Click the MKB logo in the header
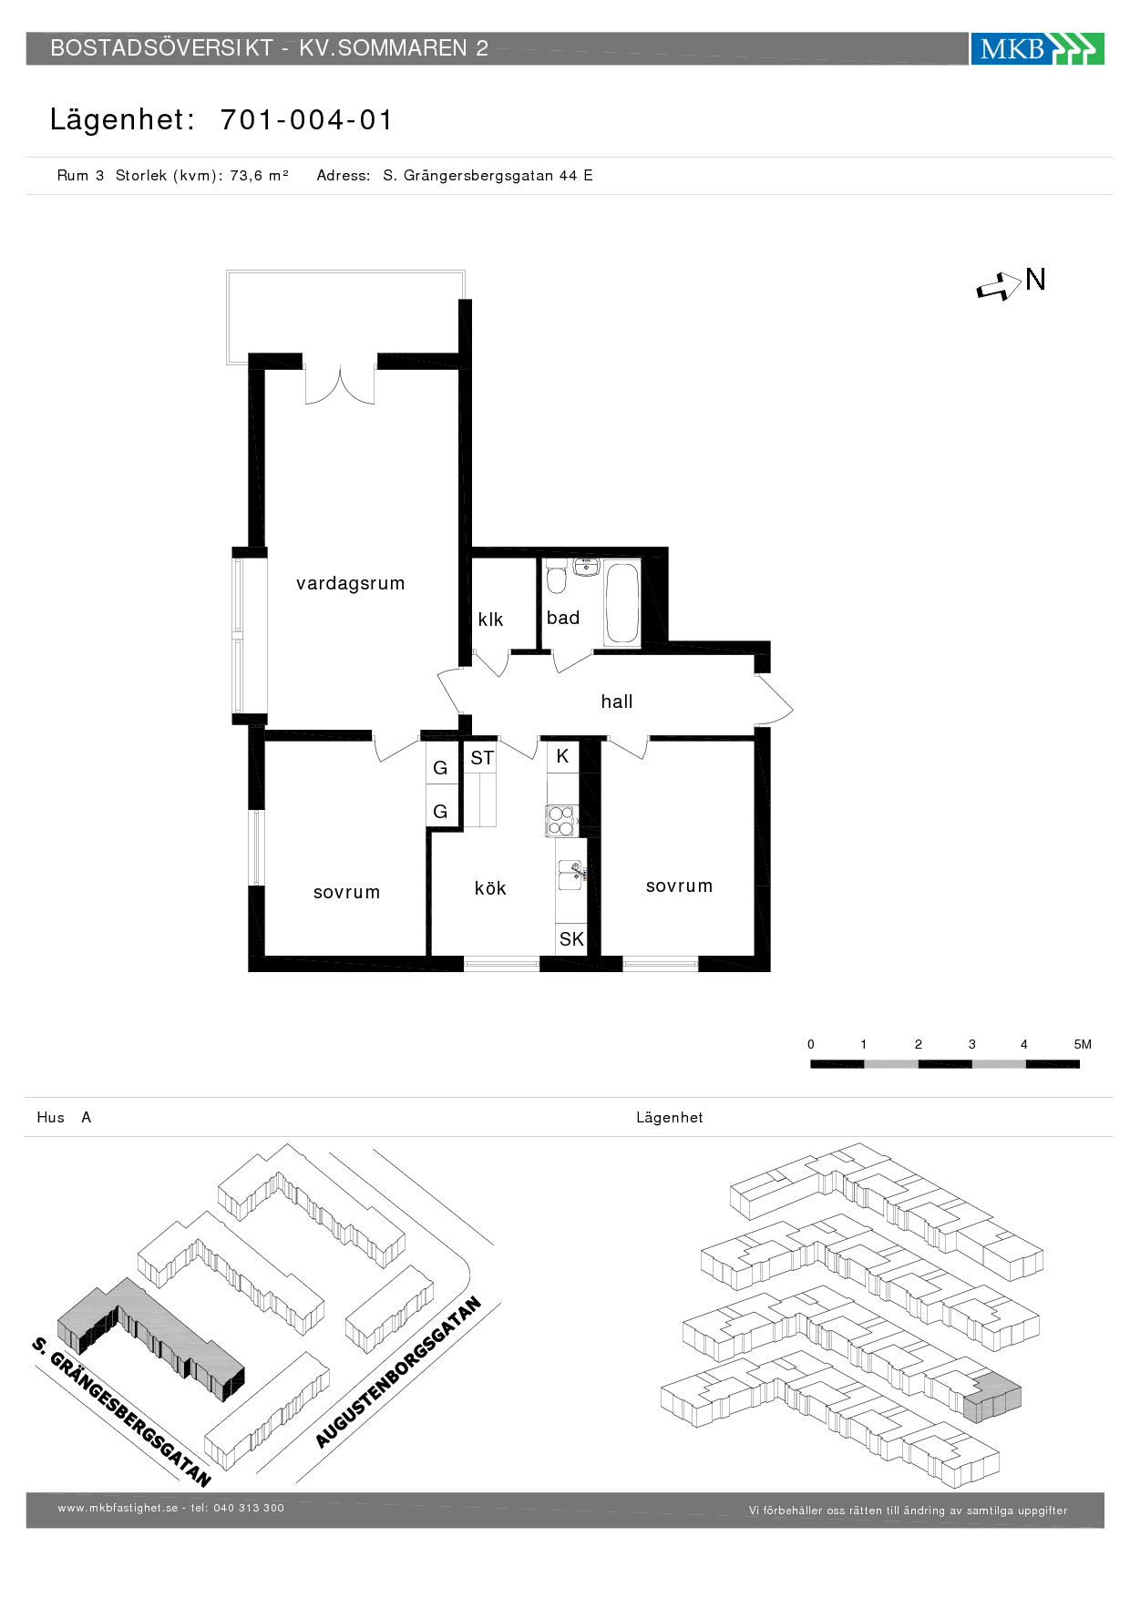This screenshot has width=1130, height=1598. (1037, 48)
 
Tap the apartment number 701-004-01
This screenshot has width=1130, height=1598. (306, 119)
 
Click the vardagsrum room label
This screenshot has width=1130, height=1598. (350, 583)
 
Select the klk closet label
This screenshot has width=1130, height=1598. (490, 620)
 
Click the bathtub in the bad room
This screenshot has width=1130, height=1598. (622, 604)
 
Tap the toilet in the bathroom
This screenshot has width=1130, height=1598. (557, 577)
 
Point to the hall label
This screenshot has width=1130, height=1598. (617, 702)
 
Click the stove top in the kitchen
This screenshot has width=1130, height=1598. (561, 821)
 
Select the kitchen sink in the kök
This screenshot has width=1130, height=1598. (571, 876)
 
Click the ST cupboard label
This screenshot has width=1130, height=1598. (482, 758)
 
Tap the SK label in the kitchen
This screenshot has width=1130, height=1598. (571, 939)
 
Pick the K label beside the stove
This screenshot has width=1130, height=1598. (562, 756)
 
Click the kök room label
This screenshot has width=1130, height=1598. (490, 888)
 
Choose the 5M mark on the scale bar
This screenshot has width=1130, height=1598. (1083, 1044)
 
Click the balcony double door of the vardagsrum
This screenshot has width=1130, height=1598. (340, 386)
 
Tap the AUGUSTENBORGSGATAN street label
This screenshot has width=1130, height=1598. (398, 1372)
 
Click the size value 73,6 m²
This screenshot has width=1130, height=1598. (259, 176)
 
